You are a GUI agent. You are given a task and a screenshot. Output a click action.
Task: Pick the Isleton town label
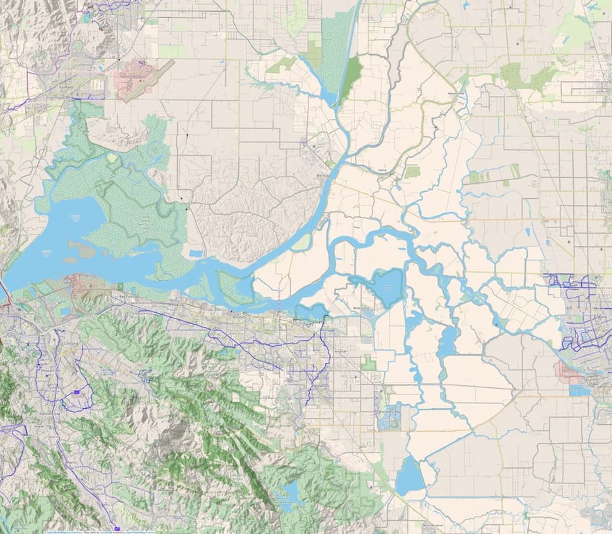[381, 169]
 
